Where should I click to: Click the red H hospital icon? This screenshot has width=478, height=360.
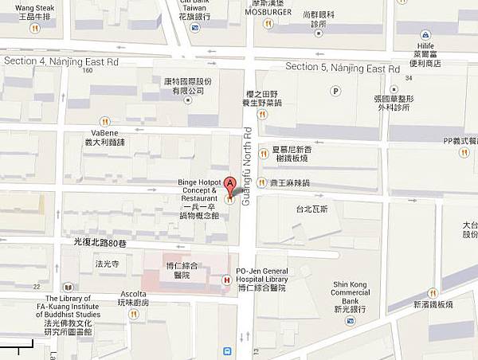227,280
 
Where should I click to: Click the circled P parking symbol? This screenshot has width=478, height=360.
335,91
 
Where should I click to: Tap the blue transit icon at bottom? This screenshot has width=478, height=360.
229,350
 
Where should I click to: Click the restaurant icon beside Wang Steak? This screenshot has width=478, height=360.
33,28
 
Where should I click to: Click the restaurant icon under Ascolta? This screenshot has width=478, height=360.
133,314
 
